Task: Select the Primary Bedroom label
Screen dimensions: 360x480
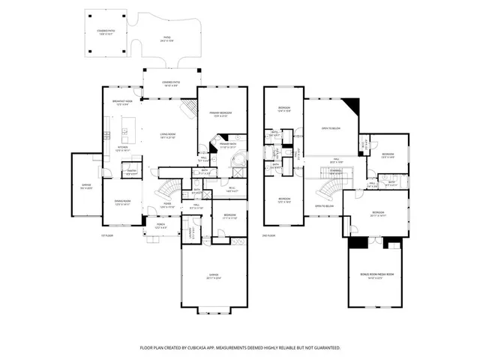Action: coord(222,113)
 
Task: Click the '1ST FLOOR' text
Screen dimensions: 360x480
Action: coord(106,235)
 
